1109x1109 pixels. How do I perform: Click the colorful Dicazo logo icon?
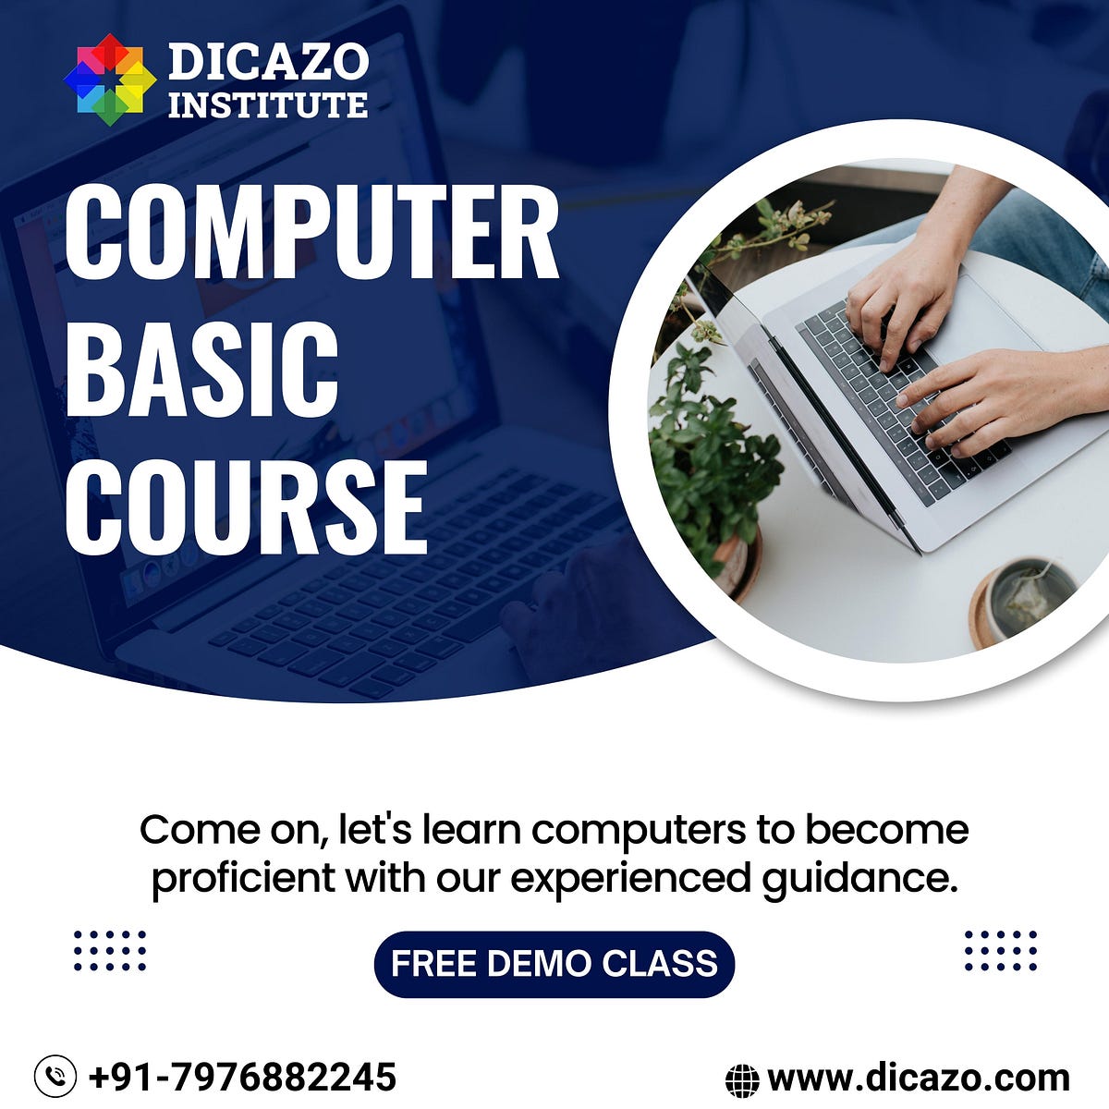pos(110,79)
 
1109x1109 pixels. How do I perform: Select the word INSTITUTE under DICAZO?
pos(268,104)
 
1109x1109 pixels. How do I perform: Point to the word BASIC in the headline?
pos(201,370)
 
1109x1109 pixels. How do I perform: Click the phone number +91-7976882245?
pos(242,1077)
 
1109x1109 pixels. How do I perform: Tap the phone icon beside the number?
pos(55,1077)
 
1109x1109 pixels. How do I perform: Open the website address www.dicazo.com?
pos(919,1078)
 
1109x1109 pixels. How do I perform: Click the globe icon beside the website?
pos(742,1079)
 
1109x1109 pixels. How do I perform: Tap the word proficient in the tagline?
pos(243,878)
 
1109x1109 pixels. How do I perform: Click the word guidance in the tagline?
pos(859,878)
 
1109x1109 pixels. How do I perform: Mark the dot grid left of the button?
pos(110,950)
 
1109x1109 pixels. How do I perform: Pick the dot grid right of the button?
pos(1000,950)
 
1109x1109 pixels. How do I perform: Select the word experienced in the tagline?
pos(631,878)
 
